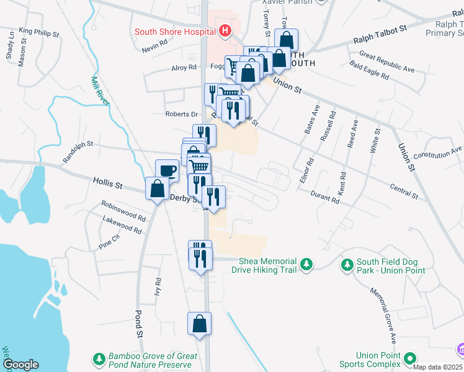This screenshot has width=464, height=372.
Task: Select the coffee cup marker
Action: [167, 170]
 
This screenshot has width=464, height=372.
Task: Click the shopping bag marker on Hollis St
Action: [157, 188]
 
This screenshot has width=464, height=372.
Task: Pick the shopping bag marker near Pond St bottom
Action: [200, 324]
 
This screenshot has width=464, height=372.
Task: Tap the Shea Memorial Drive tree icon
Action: [306, 265]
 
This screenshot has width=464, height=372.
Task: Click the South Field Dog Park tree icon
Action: [347, 265]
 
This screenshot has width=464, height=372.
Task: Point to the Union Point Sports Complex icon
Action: [409, 358]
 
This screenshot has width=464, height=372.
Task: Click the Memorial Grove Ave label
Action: [383, 316]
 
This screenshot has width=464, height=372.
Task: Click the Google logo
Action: [20, 365]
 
